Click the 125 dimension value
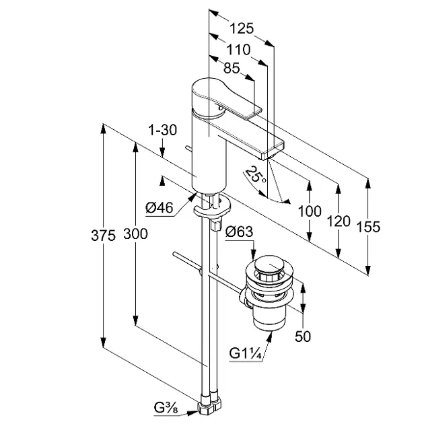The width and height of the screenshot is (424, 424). (x=240, y=28)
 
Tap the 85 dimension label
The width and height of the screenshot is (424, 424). (x=231, y=68)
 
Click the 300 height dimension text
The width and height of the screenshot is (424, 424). (x=135, y=234)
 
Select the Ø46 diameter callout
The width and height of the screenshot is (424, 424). (x=160, y=209)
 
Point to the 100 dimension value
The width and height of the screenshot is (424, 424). (x=309, y=211)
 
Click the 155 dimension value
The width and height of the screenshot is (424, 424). (x=368, y=227)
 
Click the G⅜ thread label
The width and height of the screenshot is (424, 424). (x=164, y=407)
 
